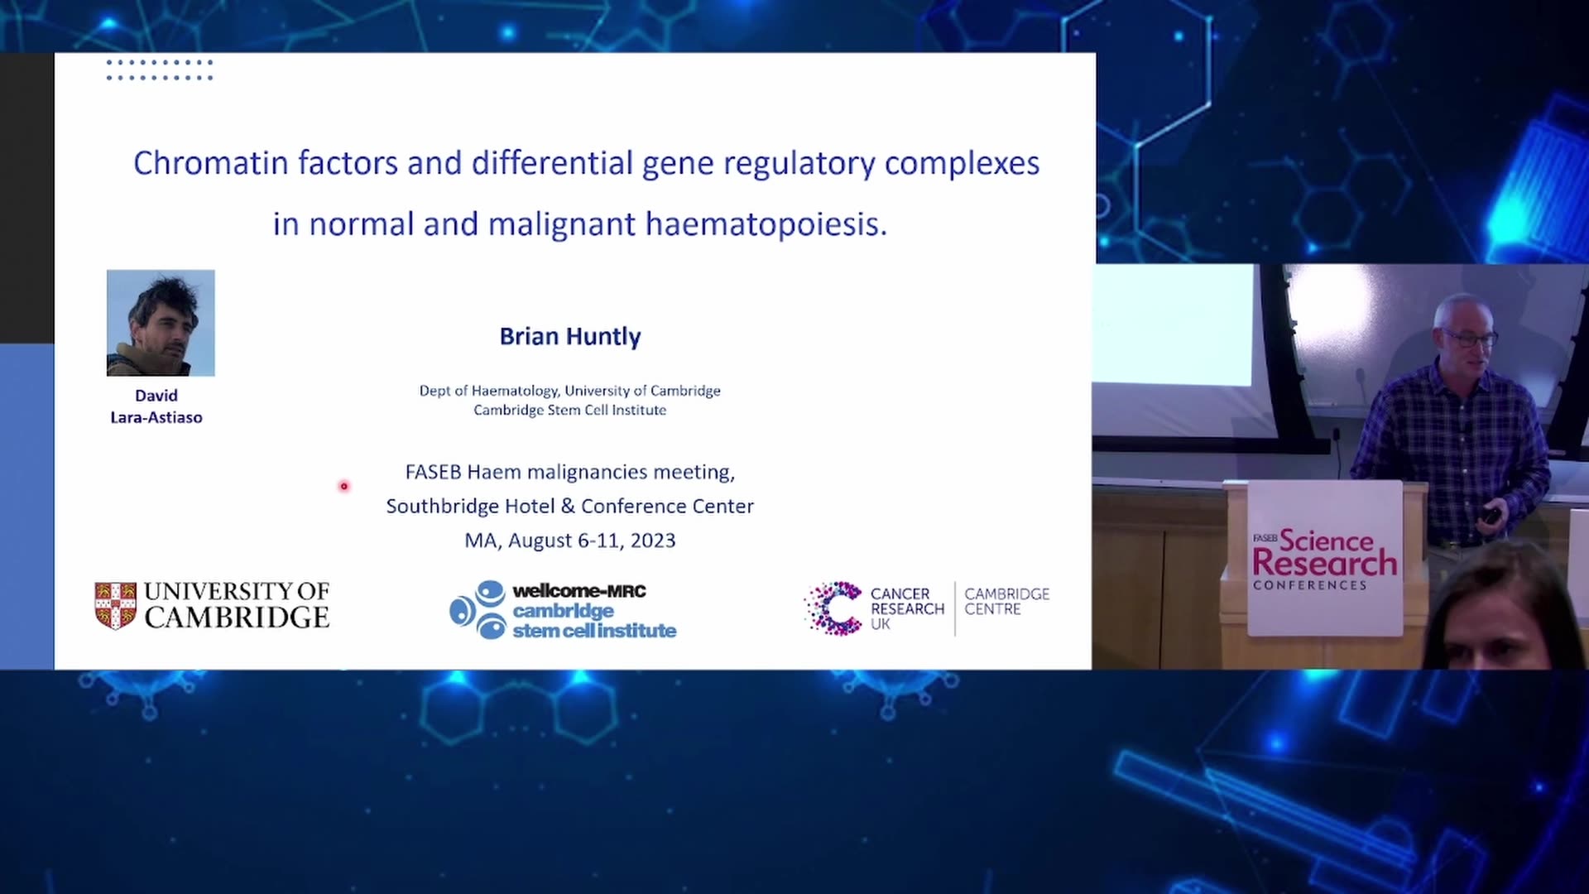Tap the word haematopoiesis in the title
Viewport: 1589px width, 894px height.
click(x=766, y=224)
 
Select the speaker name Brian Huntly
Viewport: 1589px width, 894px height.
click(x=570, y=336)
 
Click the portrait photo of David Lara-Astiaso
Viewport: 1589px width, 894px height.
click(x=161, y=323)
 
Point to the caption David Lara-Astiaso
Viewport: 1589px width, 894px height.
click(x=156, y=406)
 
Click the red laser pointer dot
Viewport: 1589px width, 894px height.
click(x=344, y=486)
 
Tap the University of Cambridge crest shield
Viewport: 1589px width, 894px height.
click(x=116, y=606)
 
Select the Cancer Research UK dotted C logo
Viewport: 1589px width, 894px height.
click(x=833, y=608)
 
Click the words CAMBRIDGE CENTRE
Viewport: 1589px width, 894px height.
click(x=1006, y=602)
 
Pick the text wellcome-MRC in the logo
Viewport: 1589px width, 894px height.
click(x=579, y=591)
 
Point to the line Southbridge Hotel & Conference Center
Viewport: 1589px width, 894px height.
click(x=570, y=506)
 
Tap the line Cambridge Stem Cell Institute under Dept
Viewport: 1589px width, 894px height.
click(x=570, y=410)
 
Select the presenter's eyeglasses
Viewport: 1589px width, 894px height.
click(x=1471, y=338)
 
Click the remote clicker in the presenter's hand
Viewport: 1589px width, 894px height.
click(x=1491, y=515)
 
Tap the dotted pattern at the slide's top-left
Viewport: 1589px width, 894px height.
click(x=160, y=70)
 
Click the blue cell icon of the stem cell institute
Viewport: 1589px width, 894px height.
click(x=478, y=610)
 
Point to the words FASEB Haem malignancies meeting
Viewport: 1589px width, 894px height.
click(x=570, y=472)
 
